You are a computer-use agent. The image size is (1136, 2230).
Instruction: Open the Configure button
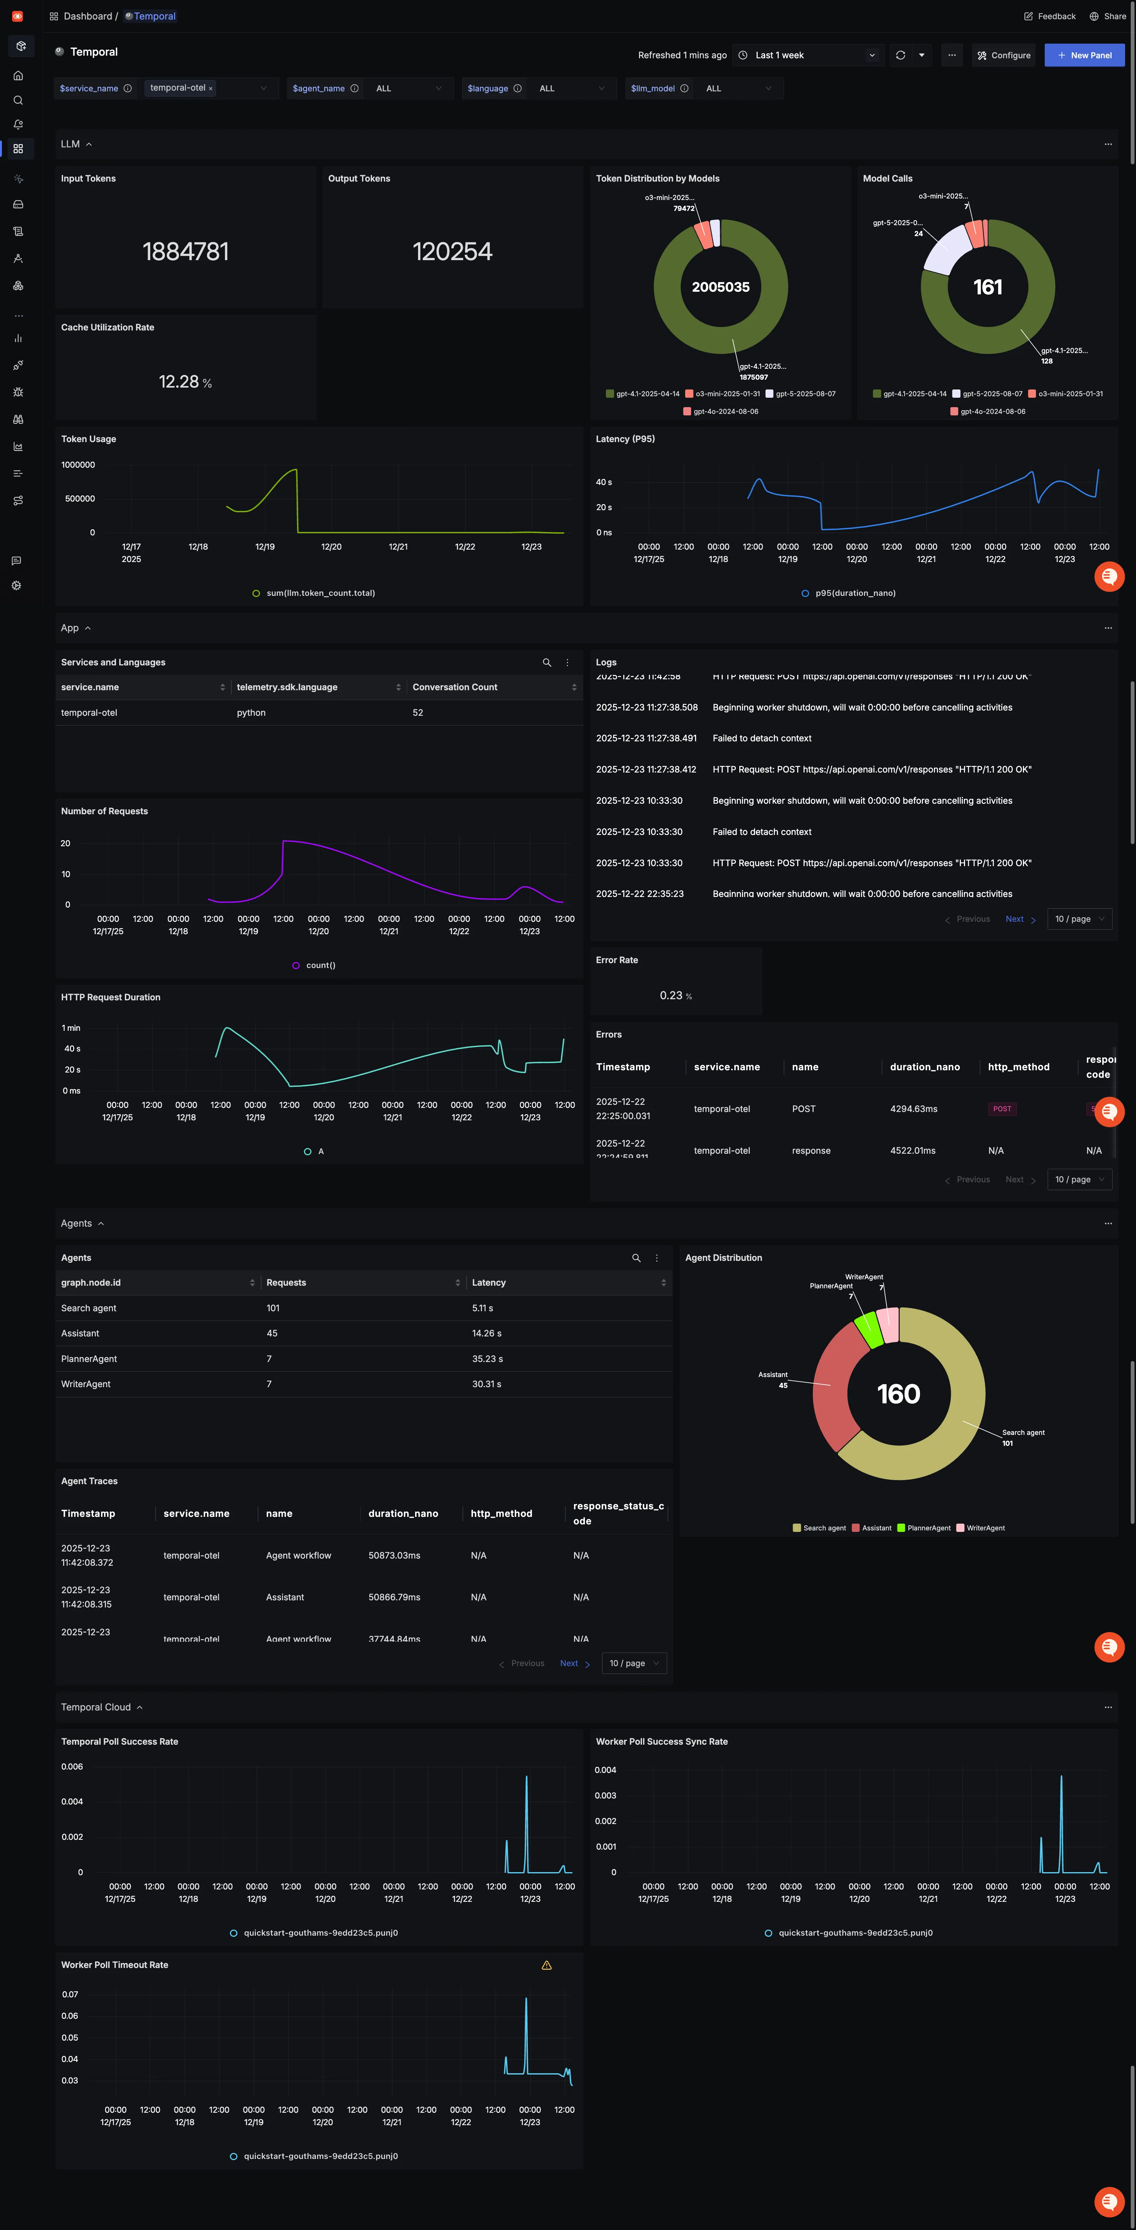tap(1004, 55)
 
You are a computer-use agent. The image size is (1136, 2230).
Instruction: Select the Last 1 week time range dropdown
tap(807, 55)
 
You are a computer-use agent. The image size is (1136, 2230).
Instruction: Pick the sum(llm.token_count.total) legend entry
tap(320, 593)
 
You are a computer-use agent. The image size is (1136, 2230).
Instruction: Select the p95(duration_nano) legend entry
tap(855, 593)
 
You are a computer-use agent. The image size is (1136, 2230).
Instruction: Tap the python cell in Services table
tap(251, 712)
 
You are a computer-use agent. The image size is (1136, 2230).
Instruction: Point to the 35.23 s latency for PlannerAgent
tap(487, 1359)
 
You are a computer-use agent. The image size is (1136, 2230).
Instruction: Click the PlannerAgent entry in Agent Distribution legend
tap(928, 1528)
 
